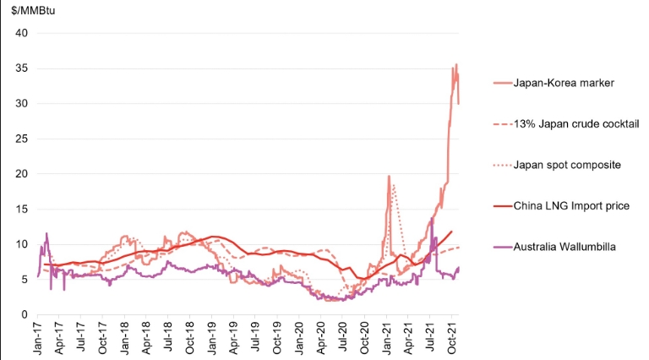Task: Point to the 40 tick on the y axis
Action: coord(21,33)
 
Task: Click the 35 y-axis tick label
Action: coord(21,68)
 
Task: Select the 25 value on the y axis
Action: coord(21,139)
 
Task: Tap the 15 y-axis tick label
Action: coord(21,209)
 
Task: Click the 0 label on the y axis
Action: coord(25,314)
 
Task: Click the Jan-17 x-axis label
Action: coord(39,337)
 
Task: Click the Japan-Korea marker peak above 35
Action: coord(456,65)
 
